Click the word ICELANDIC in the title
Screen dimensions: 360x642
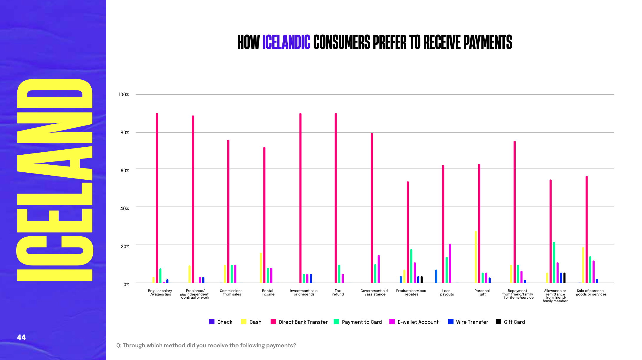tap(286, 42)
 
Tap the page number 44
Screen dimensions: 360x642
tap(21, 337)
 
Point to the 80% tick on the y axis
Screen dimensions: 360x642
tap(125, 133)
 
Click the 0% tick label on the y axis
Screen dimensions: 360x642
tap(126, 285)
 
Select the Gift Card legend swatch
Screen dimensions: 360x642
tap(498, 322)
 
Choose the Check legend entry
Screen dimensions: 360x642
tap(221, 322)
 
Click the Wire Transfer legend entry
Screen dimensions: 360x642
tap(468, 322)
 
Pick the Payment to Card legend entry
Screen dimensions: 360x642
tap(358, 322)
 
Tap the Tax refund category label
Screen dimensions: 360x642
tap(338, 293)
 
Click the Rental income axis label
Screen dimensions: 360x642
tap(268, 293)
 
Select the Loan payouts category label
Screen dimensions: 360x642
tap(447, 293)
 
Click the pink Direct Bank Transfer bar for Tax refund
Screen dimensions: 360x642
tap(336, 197)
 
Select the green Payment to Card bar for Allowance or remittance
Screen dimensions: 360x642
tap(554, 262)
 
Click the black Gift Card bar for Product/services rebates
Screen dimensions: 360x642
tap(422, 280)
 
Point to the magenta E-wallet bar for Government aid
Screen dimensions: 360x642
tap(379, 269)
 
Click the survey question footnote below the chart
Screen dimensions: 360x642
tap(206, 345)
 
